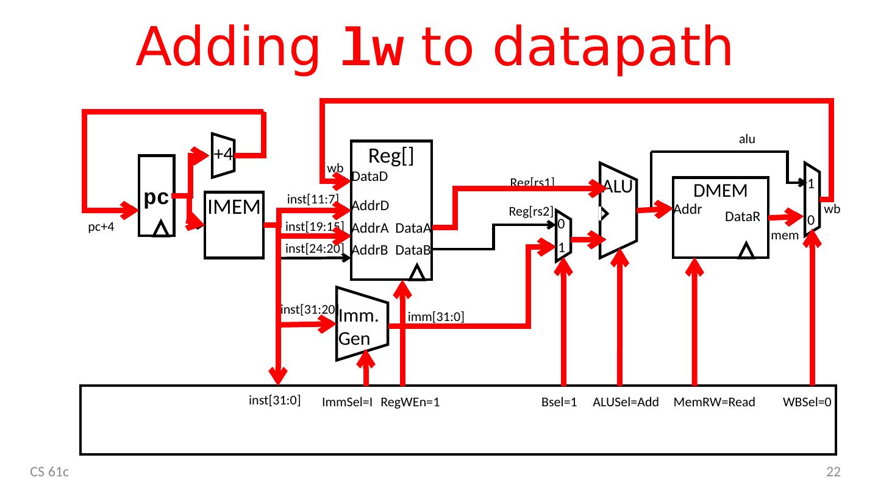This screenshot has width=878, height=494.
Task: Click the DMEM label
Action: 721,191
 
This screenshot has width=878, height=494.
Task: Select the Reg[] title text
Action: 391,157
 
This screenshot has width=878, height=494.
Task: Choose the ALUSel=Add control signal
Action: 626,402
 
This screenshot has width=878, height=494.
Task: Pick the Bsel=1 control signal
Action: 559,402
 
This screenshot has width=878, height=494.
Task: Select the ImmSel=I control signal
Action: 347,402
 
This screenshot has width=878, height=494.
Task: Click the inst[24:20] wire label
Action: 315,249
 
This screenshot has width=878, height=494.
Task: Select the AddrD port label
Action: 370,205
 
